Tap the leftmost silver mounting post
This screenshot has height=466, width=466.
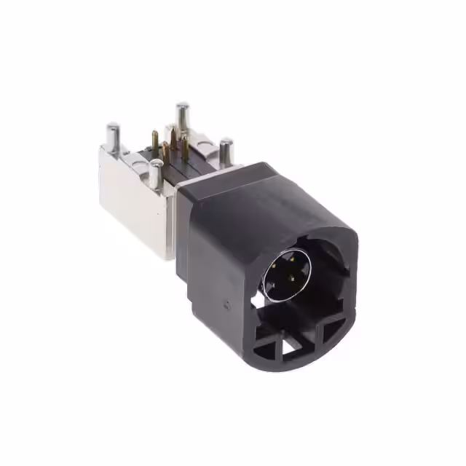pyautogui.click(x=113, y=136)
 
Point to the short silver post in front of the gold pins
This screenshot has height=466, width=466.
pyautogui.click(x=156, y=173)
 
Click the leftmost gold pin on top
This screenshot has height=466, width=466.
pyautogui.click(x=154, y=141)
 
